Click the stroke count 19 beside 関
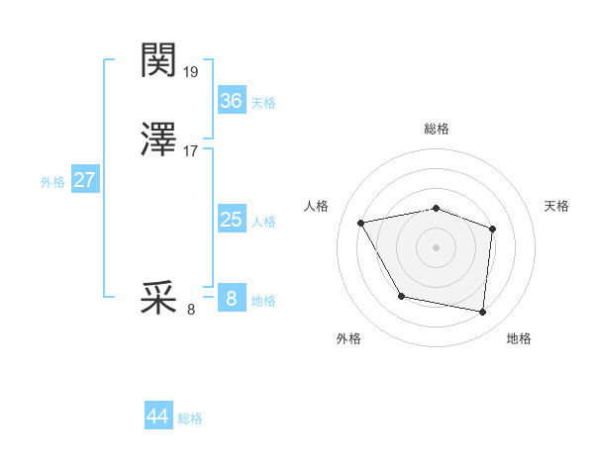pyautogui.click(x=191, y=71)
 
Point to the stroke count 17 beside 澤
pyautogui.click(x=191, y=151)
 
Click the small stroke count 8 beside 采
pyautogui.click(x=191, y=310)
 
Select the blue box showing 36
pyautogui.click(x=231, y=100)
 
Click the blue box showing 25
pyautogui.click(x=231, y=219)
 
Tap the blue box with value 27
pyautogui.click(x=85, y=180)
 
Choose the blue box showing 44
pyautogui.click(x=158, y=417)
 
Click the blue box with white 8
pyautogui.click(x=231, y=298)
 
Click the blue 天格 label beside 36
pyautogui.click(x=263, y=103)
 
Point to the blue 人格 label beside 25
pyautogui.click(x=263, y=222)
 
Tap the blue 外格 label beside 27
pyautogui.click(x=52, y=182)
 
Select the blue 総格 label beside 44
pyautogui.click(x=190, y=418)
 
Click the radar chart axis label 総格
pyautogui.click(x=437, y=130)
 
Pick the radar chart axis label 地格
pyautogui.click(x=519, y=338)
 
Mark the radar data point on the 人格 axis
pyautogui.click(x=361, y=222)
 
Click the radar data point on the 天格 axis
pyautogui.click(x=493, y=229)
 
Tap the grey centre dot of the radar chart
pyautogui.click(x=437, y=245)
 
